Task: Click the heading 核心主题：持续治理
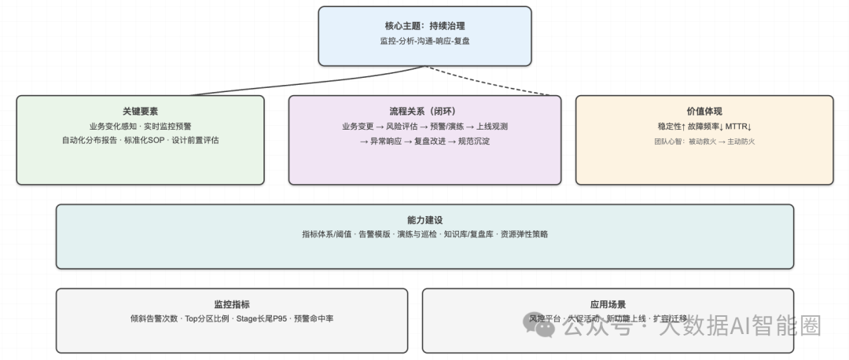pyautogui.click(x=424, y=25)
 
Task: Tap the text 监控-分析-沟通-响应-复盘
pyautogui.click(x=424, y=40)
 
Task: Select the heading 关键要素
pyautogui.click(x=140, y=112)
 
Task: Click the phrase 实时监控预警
pyautogui.click(x=167, y=126)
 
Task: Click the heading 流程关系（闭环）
pyautogui.click(x=424, y=112)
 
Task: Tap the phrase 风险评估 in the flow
pyautogui.click(x=403, y=126)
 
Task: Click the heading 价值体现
pyautogui.click(x=704, y=112)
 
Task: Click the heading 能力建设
pyautogui.click(x=424, y=220)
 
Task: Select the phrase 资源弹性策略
pyautogui.click(x=524, y=234)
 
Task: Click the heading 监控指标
pyautogui.click(x=232, y=304)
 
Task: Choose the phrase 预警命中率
pyautogui.click(x=313, y=318)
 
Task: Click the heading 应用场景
pyautogui.click(x=608, y=304)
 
